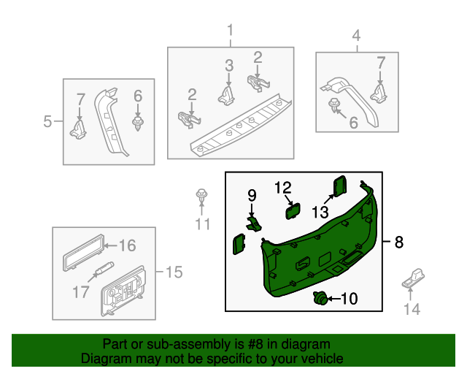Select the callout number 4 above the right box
356,35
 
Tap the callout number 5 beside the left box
48,121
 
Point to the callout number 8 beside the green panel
398,243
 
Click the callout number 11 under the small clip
201,224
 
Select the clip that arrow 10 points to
319,298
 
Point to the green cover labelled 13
340,186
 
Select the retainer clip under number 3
228,93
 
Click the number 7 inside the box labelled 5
81,97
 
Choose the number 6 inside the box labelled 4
353,123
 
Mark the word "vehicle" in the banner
320,359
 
